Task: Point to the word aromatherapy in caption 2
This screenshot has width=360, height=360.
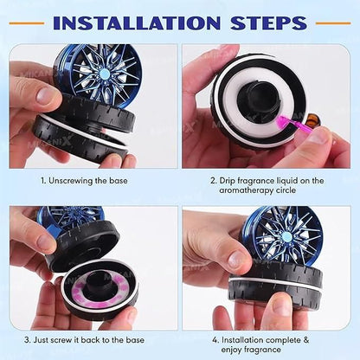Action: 254,191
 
